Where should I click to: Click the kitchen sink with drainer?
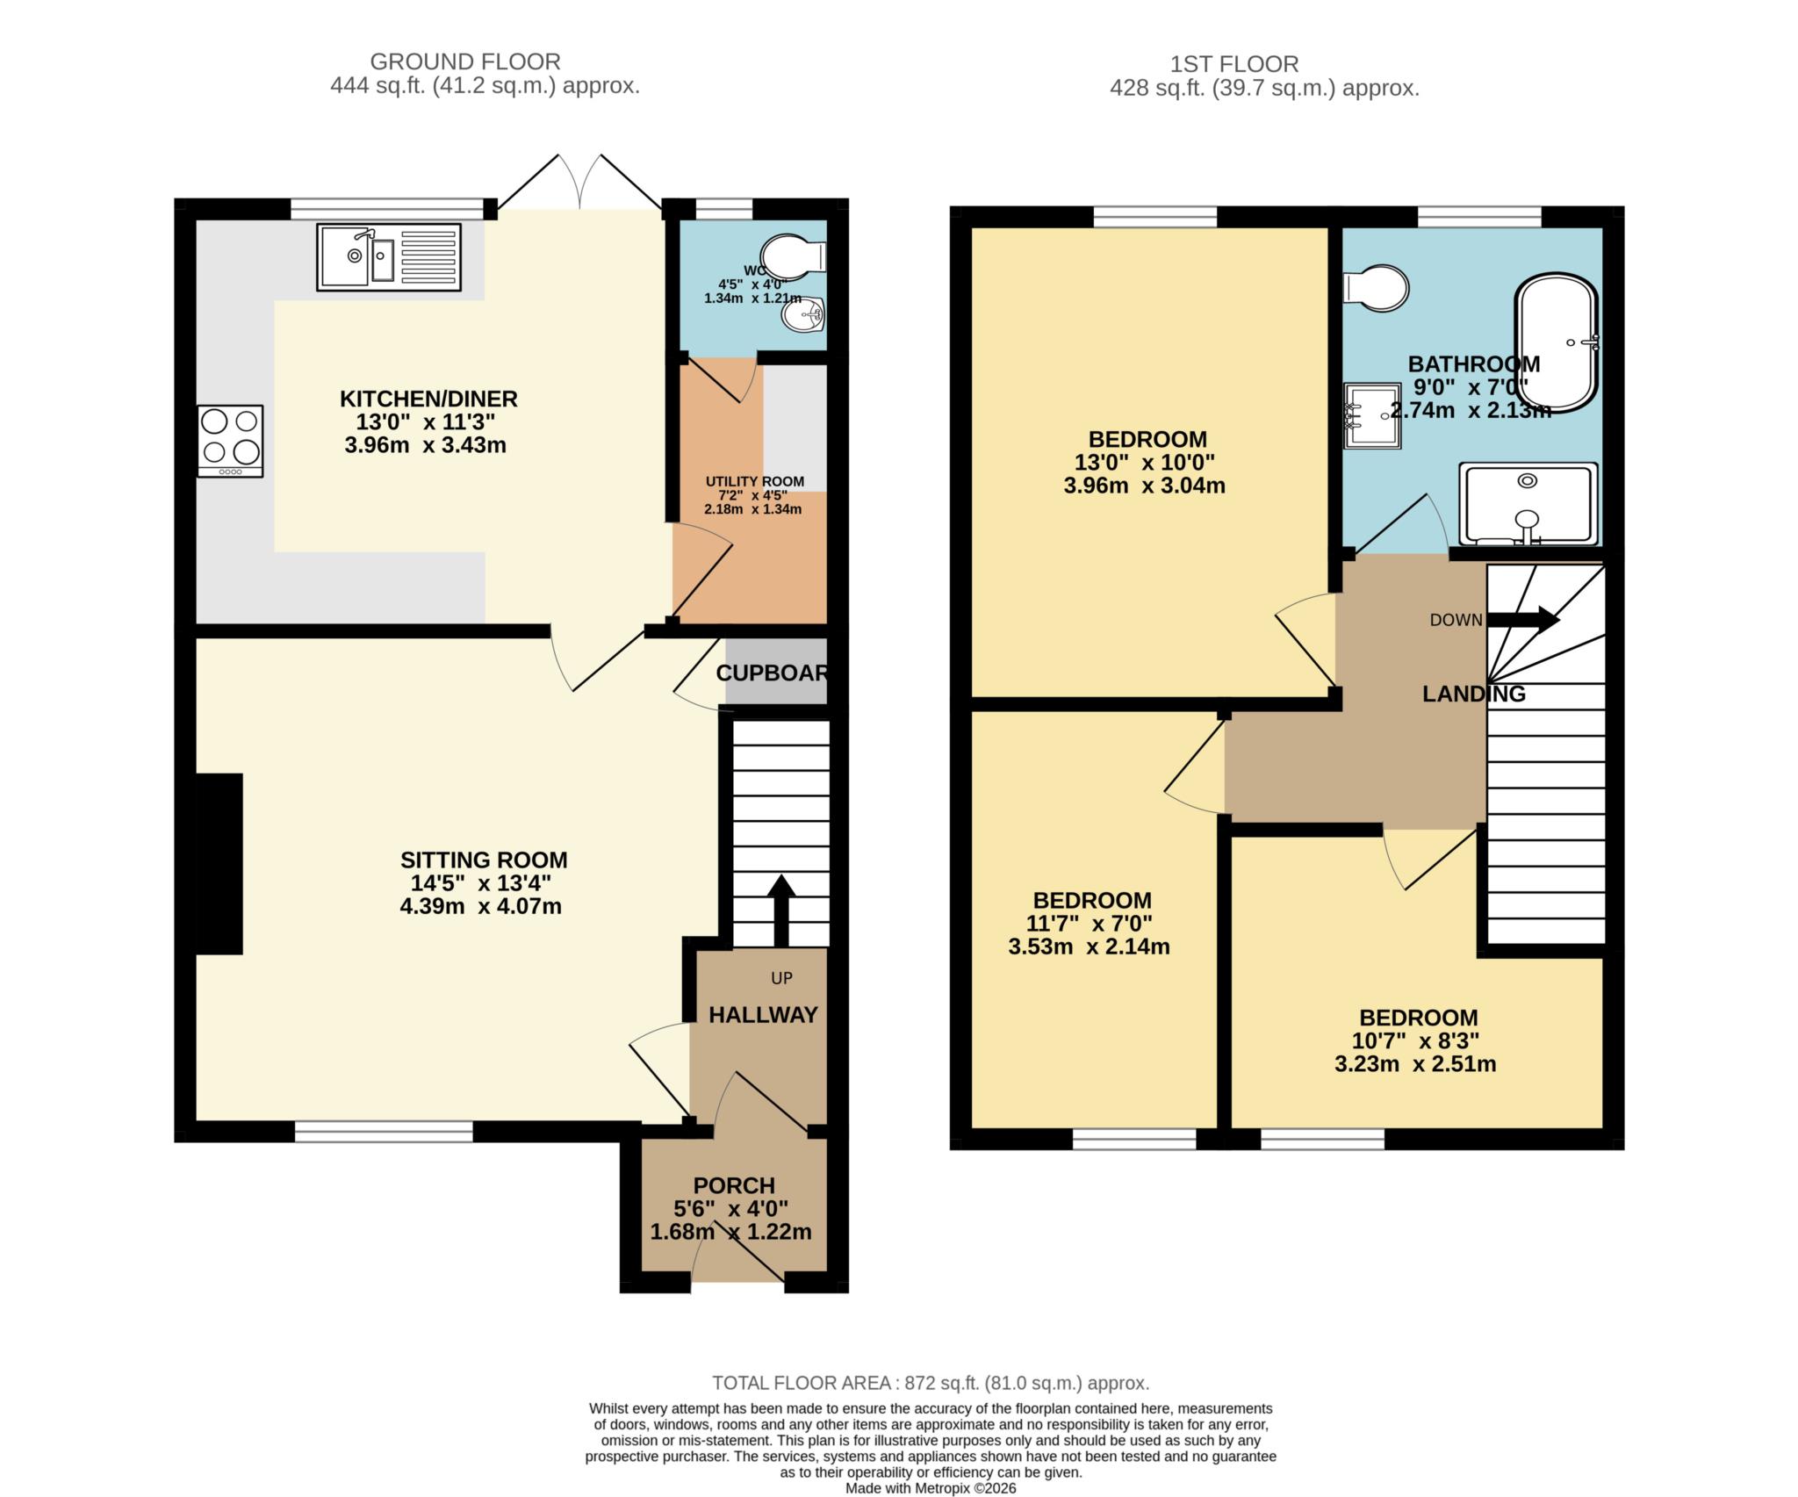click(x=388, y=257)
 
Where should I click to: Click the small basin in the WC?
click(x=802, y=315)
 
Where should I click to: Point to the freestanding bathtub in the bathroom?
click(x=1556, y=343)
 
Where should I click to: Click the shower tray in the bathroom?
click(x=1528, y=505)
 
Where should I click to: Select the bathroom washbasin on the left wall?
click(x=1371, y=415)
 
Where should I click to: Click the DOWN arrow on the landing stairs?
click(x=1522, y=619)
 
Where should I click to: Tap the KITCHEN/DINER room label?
click(x=428, y=399)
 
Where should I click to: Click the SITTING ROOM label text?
click(x=484, y=860)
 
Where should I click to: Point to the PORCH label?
click(x=734, y=1185)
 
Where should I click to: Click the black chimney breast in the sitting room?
click(x=218, y=863)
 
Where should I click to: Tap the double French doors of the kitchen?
click(x=580, y=183)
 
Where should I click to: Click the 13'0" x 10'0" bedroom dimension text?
click(x=1144, y=462)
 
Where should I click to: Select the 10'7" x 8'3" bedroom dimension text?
click(x=1415, y=1040)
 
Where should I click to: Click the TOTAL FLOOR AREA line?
click(x=930, y=1383)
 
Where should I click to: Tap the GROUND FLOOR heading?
click(x=464, y=61)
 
